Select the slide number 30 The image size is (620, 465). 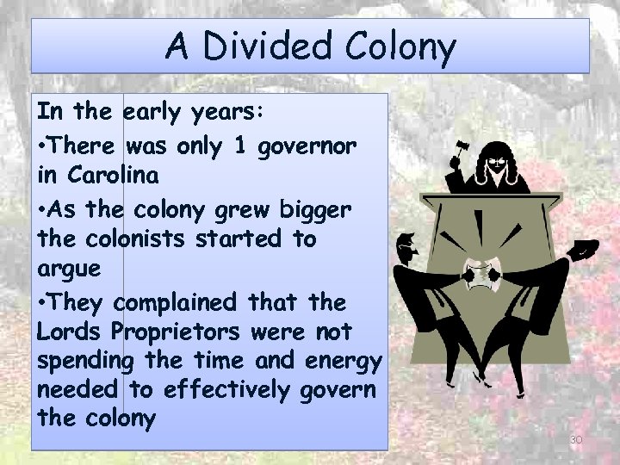click(x=576, y=440)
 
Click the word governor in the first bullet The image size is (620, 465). click(x=310, y=147)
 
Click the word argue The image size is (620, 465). click(x=70, y=270)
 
